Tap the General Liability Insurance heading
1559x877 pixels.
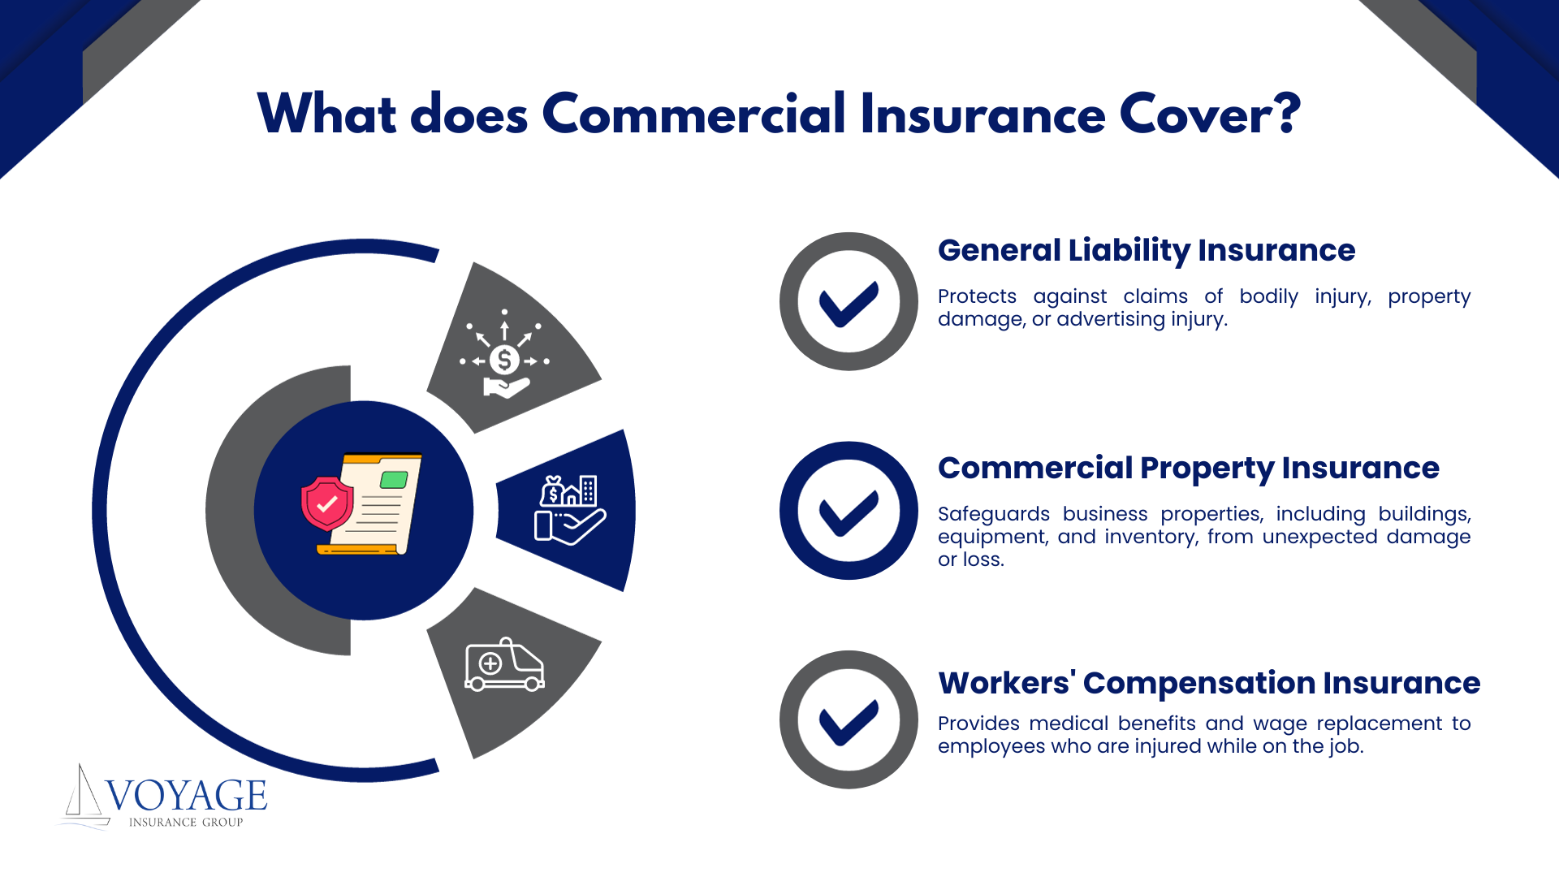(x=1147, y=251)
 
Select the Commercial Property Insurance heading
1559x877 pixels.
(x=1189, y=469)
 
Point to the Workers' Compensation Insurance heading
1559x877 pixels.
(x=1209, y=683)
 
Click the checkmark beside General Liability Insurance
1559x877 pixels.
(x=849, y=303)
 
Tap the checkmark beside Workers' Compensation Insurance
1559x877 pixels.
(x=849, y=722)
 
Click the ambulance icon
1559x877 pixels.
(x=504, y=664)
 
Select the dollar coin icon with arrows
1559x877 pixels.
(x=504, y=354)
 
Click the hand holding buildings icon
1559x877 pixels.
(x=570, y=510)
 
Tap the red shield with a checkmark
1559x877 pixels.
(x=327, y=503)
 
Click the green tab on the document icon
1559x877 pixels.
(x=394, y=479)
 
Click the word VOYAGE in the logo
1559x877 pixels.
(x=186, y=795)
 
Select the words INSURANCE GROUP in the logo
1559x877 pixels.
(x=186, y=823)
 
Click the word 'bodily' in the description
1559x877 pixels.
(x=1269, y=297)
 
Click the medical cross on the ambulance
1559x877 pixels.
(x=490, y=664)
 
